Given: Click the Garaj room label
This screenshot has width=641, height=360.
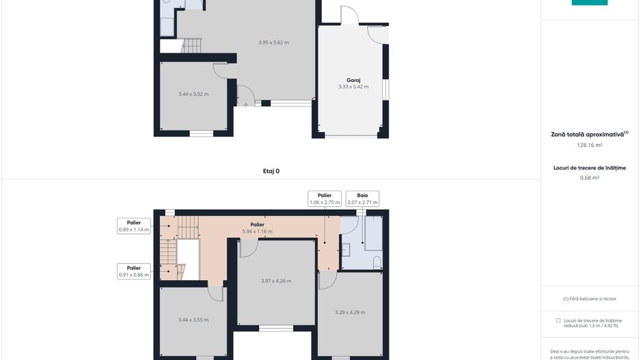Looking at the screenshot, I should coord(353,80).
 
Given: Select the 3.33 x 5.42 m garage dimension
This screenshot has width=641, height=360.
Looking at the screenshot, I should coord(353,87).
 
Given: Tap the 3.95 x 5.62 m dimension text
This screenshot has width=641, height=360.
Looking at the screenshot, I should coord(273,42).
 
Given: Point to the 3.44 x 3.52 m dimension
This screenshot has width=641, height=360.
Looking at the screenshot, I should coord(193,94).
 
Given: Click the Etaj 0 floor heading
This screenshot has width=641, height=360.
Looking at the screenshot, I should coord(271,171).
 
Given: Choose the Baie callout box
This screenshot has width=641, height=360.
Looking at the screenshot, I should coord(362,199).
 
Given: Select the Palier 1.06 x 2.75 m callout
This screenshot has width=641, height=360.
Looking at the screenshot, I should coord(325,199).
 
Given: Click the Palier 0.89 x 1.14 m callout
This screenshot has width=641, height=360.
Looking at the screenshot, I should coord(134,226).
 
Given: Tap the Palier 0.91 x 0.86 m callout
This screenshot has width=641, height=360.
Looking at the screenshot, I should coord(134,272).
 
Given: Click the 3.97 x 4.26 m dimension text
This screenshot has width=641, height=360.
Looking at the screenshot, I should coord(276,281).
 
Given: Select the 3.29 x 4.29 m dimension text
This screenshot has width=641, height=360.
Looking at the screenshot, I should coord(350,312).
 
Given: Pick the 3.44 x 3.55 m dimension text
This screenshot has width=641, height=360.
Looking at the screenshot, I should coord(193,320).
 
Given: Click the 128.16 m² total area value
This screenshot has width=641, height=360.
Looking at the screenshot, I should coord(590,145).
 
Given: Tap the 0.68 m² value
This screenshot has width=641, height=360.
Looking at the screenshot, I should coord(590,178).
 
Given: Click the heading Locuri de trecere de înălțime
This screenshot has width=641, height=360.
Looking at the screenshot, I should coord(590,167).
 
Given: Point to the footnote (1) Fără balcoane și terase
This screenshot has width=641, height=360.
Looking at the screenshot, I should coord(590,299).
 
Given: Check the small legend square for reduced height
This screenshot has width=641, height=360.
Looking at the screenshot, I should coord(558,320).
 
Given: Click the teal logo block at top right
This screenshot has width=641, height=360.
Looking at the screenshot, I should coord(589,3).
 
